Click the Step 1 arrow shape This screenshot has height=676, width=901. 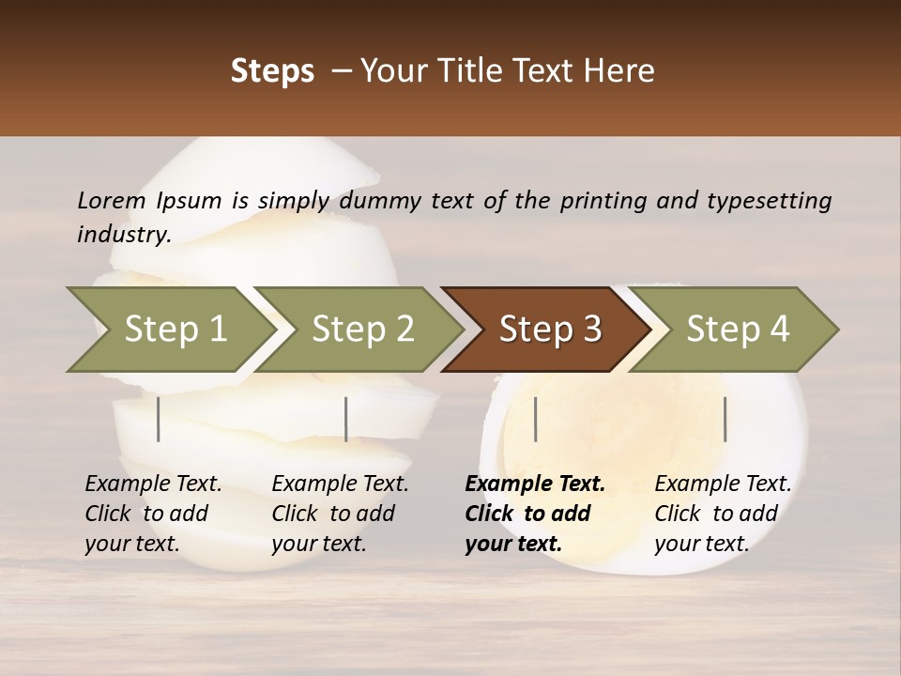(x=175, y=330)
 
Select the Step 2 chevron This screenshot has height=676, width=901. (x=362, y=330)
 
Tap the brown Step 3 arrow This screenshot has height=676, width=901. (x=550, y=330)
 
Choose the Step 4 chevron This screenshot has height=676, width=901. (x=738, y=330)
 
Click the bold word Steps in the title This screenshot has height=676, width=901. (x=272, y=71)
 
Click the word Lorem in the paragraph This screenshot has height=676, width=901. (x=112, y=200)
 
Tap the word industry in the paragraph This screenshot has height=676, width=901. (x=124, y=235)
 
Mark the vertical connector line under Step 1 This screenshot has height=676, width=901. (x=159, y=419)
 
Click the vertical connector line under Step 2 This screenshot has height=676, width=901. (x=346, y=419)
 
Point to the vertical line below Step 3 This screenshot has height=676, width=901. (x=535, y=419)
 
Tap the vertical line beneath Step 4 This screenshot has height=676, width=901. (x=725, y=419)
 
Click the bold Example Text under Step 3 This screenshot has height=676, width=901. (x=535, y=484)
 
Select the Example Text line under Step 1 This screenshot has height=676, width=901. (x=153, y=484)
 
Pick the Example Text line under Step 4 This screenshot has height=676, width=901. (x=723, y=484)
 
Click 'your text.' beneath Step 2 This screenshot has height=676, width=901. (x=318, y=544)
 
